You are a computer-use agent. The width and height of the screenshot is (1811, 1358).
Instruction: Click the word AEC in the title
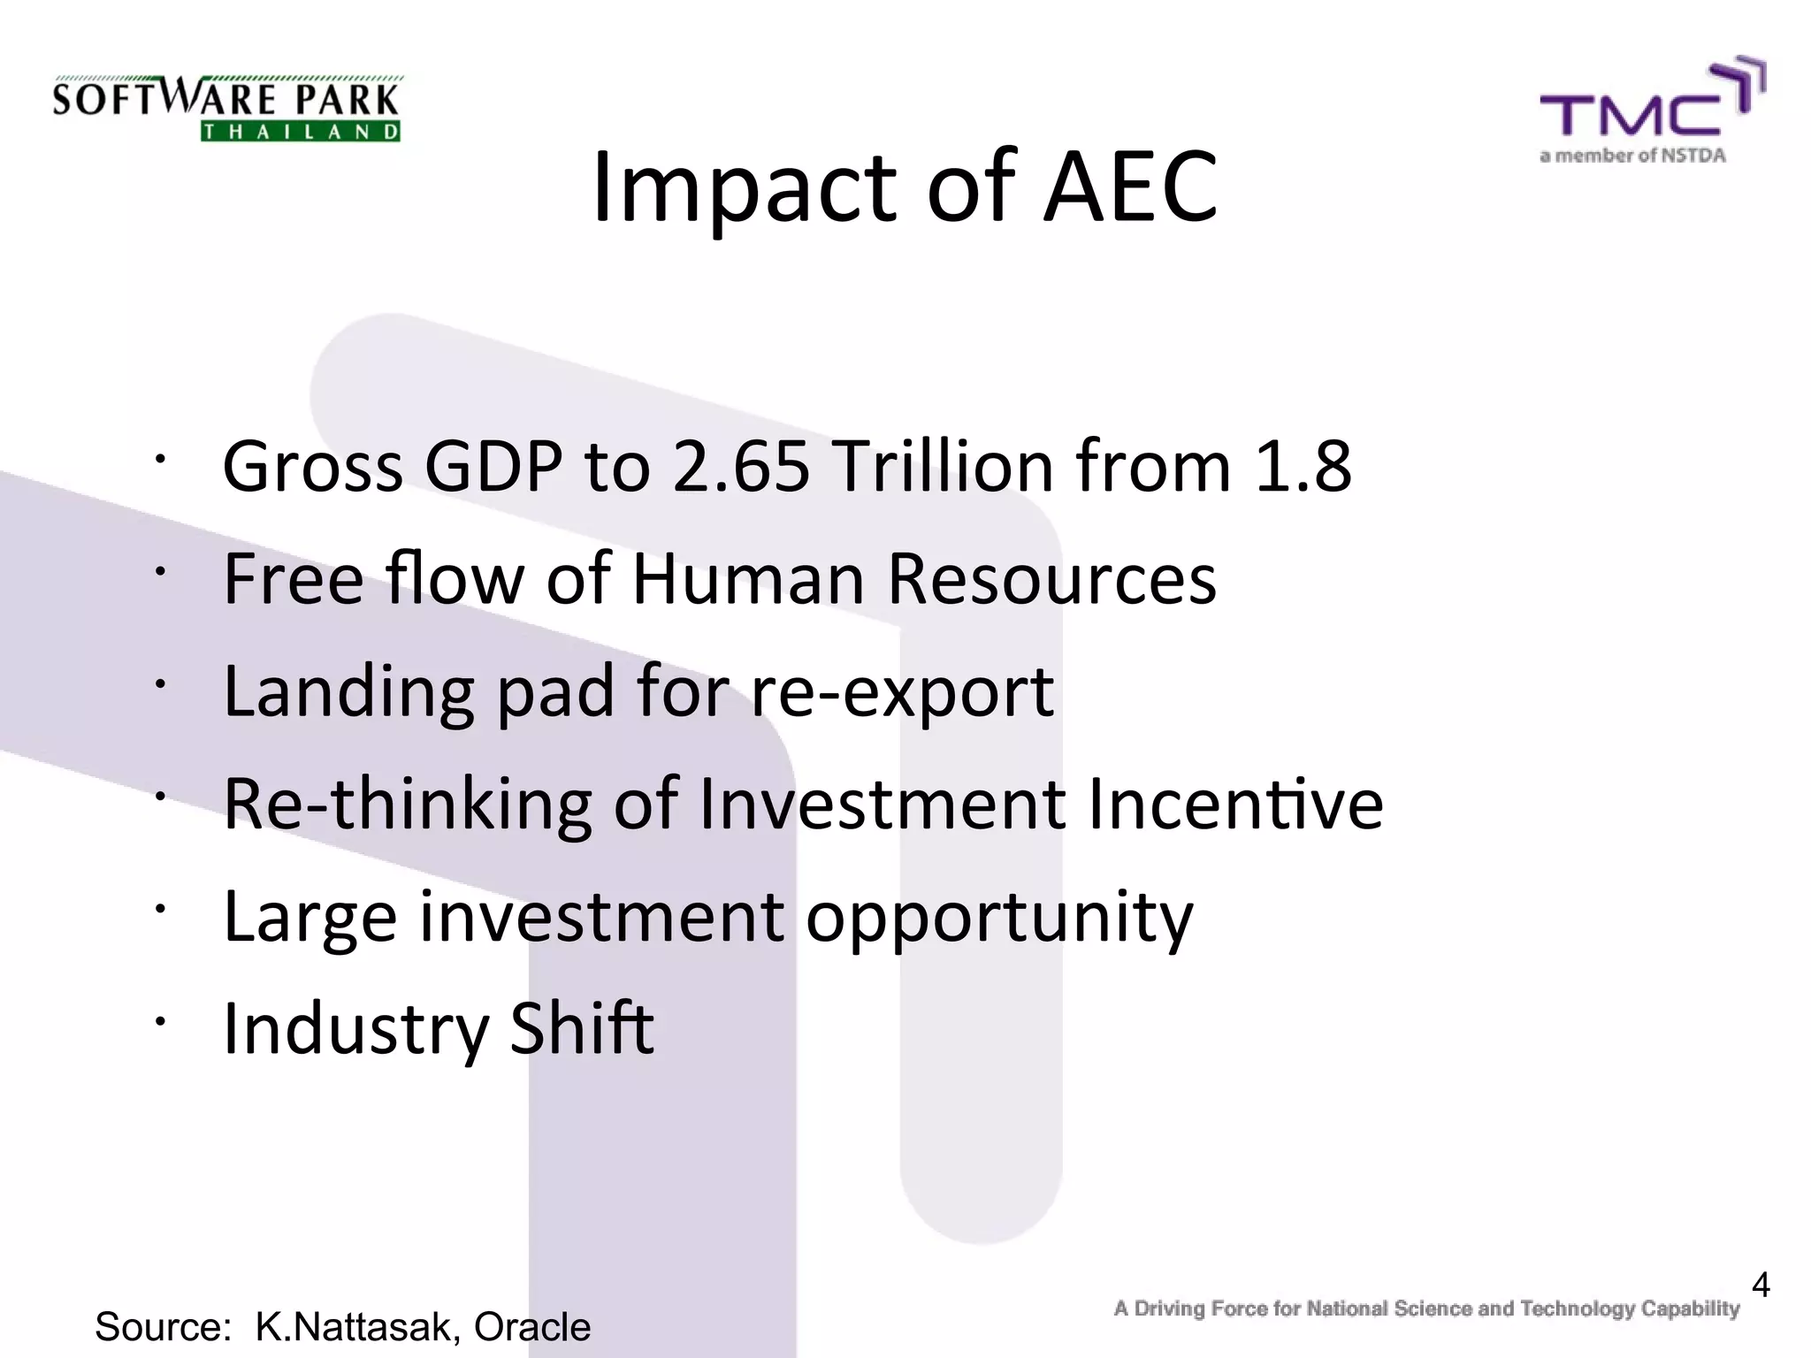click(x=1130, y=187)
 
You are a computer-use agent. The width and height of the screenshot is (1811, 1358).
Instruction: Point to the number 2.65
click(x=741, y=466)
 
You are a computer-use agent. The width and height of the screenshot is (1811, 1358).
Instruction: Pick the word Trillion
click(x=943, y=466)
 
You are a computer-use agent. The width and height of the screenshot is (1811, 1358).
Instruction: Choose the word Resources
click(x=1051, y=579)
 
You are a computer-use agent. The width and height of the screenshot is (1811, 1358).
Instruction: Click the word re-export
click(x=902, y=691)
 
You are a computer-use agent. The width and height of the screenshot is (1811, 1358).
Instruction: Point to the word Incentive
click(x=1235, y=804)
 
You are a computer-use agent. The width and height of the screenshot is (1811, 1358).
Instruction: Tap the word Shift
click(x=582, y=1028)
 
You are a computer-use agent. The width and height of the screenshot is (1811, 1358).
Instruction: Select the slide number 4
click(x=1760, y=1285)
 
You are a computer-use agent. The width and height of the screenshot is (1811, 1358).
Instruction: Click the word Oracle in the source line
click(x=531, y=1327)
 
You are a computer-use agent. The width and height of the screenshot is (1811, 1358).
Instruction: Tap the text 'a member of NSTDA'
click(x=1632, y=156)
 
